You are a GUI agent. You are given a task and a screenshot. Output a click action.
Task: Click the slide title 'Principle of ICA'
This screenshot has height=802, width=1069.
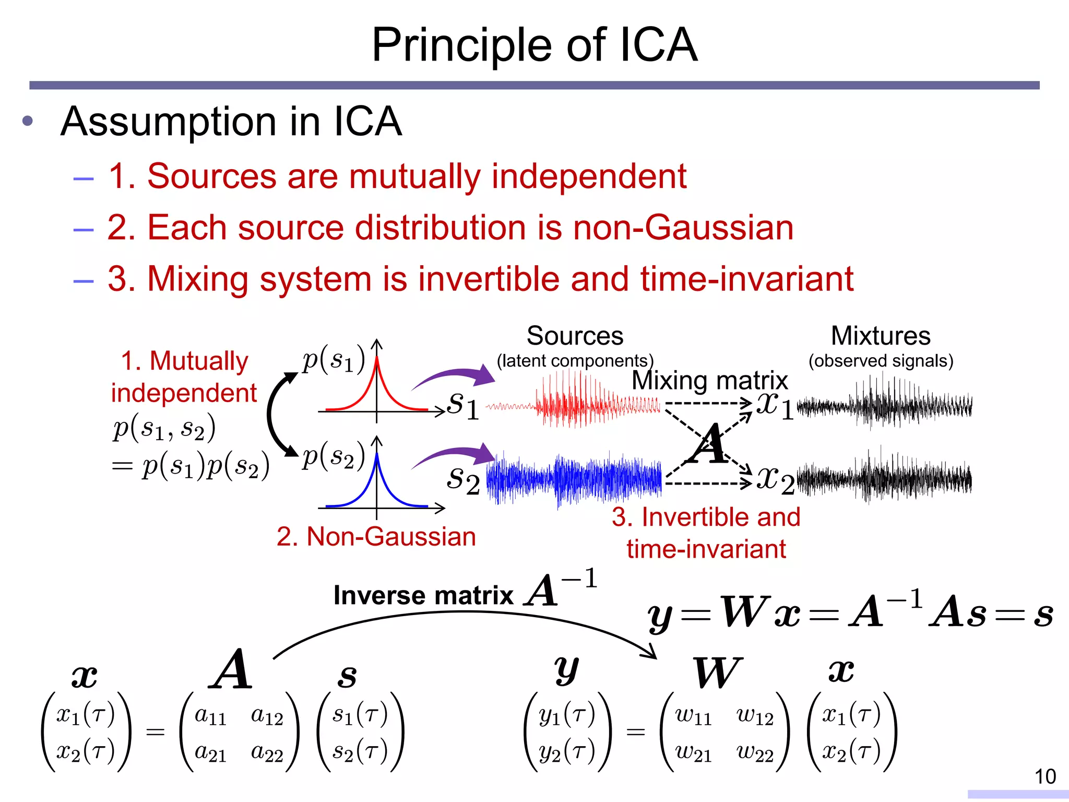[x=534, y=45]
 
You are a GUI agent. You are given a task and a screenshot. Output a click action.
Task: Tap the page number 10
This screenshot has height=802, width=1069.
[x=1045, y=776]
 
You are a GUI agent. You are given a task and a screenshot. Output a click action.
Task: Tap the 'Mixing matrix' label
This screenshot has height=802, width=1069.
[x=709, y=380]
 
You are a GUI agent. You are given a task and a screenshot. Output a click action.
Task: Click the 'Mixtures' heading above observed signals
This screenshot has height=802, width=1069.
[x=880, y=336]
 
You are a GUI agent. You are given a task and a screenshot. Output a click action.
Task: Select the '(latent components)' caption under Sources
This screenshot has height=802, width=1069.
[x=575, y=361]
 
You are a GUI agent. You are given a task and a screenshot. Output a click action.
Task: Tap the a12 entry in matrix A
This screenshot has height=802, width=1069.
[x=266, y=716]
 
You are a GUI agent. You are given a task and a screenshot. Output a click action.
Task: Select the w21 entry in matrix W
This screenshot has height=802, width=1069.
[x=693, y=752]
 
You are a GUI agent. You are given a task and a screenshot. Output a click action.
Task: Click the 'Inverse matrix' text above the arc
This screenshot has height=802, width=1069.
[x=423, y=595]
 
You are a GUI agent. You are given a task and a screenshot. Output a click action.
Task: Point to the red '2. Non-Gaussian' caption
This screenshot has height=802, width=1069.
[x=376, y=536]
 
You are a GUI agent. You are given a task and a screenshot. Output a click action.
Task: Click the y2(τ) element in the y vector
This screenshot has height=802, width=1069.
[x=566, y=752]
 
